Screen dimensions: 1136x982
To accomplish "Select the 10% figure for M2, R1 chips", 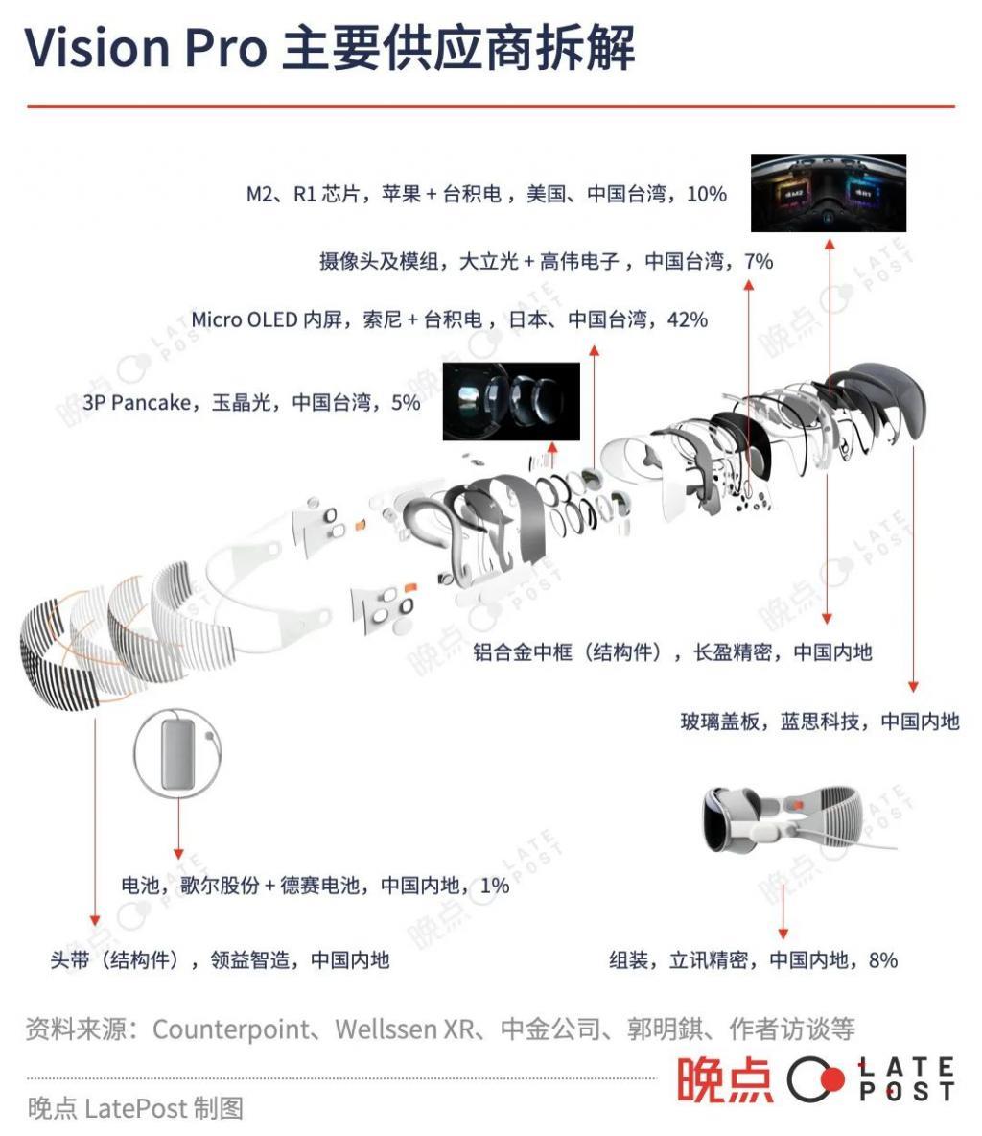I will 707,194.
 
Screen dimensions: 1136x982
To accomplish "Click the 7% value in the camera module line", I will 758,261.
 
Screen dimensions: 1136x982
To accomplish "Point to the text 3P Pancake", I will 136,403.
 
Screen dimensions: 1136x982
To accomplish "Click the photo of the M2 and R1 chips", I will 828,194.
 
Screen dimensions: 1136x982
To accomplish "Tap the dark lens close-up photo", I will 511,401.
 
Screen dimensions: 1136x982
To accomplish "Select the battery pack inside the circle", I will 178,753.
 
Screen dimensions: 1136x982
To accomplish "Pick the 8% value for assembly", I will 882,959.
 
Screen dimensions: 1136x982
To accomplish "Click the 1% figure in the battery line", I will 494,885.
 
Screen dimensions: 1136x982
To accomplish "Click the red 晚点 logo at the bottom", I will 724,1079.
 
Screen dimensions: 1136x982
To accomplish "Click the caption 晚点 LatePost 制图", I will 135,1108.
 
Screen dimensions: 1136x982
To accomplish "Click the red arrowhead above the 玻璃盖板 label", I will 913,686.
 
